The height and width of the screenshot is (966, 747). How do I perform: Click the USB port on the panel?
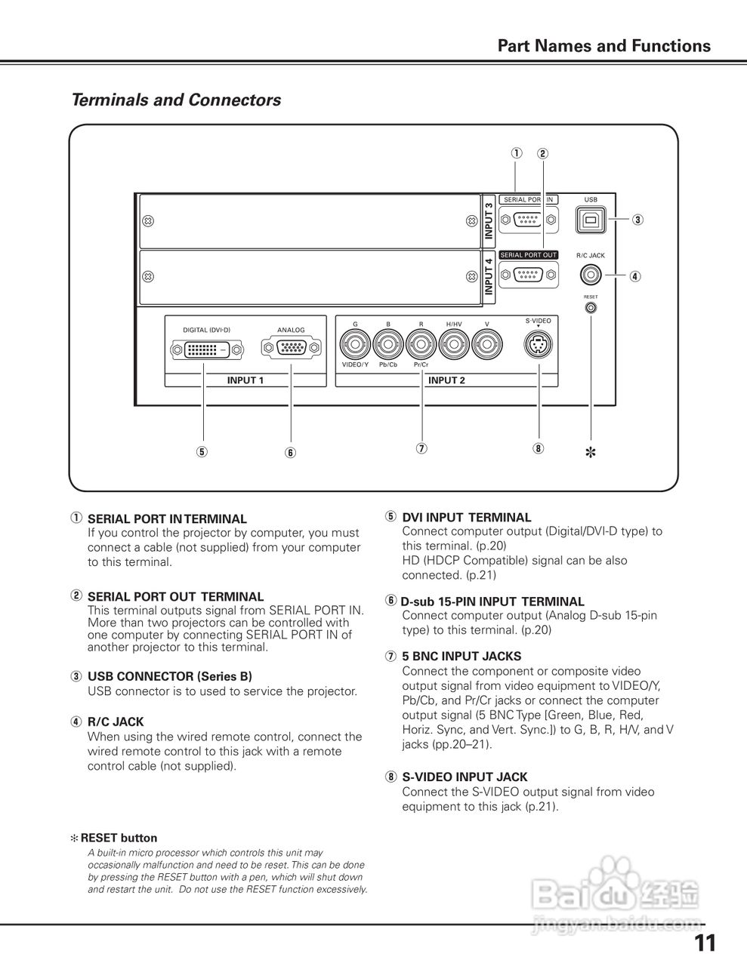coord(591,220)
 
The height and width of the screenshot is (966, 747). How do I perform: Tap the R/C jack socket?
coord(591,276)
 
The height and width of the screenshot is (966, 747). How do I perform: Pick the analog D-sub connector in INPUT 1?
coord(291,348)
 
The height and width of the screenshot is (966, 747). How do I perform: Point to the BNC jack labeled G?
coord(355,346)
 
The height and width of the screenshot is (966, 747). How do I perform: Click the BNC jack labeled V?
coord(487,346)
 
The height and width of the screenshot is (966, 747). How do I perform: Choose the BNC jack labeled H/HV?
coord(454,346)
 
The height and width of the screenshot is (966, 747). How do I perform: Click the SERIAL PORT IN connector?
coord(529,220)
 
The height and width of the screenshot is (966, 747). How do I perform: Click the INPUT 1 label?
coord(245,380)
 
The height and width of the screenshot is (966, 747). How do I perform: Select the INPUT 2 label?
coord(446,380)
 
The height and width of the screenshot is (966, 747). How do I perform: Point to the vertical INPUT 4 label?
coord(489,277)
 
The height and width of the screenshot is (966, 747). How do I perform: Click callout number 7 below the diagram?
coord(421,448)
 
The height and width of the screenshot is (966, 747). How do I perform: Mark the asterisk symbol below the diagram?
coord(591,453)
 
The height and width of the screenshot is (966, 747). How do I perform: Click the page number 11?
coord(705,943)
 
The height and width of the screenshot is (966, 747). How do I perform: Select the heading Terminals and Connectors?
coord(176,100)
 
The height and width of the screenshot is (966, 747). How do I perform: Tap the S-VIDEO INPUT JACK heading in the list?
coord(465,777)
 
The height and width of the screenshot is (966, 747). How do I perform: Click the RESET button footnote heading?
coord(119,838)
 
